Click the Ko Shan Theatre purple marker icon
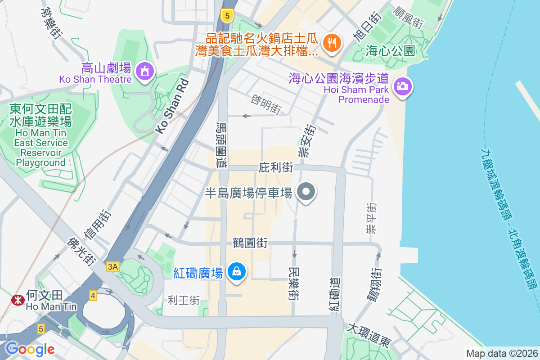[144, 71]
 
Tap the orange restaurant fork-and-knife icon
[332, 43]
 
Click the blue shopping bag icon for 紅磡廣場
[236, 271]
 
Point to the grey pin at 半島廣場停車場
[306, 192]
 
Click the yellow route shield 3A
[112, 267]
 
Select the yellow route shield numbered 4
[93, 296]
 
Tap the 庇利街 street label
[276, 168]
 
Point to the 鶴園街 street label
[250, 243]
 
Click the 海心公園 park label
[390, 50]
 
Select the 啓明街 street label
[267, 103]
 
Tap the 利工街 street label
[184, 300]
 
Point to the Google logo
[30, 349]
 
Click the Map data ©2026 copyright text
[501, 353]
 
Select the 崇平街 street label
[371, 218]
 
